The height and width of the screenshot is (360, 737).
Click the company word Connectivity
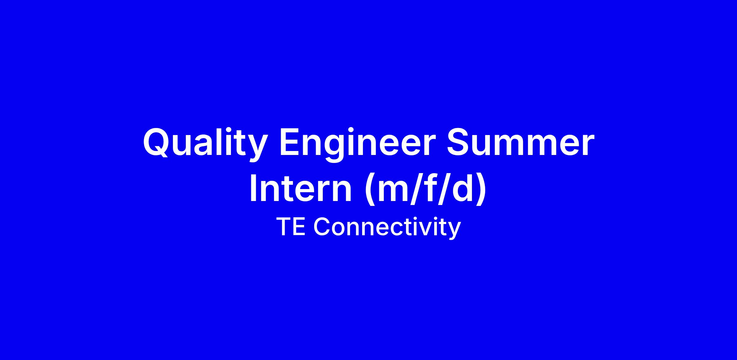point(387,227)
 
